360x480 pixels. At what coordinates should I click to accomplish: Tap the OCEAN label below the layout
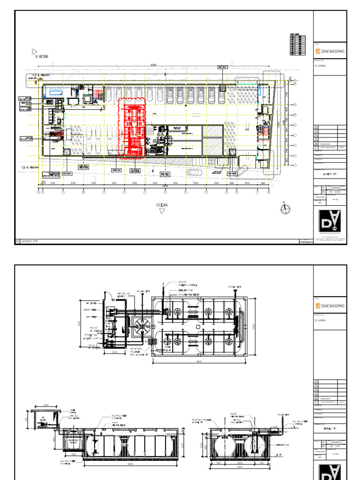162,205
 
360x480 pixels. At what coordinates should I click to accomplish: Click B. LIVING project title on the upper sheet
320,67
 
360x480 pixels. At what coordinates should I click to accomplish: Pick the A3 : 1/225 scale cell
333,191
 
